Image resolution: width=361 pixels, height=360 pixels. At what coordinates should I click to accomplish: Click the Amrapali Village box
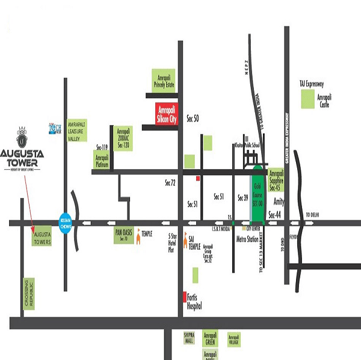pyautogui.click(x=234, y=340)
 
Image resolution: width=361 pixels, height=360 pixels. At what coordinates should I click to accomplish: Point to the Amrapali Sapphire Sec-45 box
pyautogui.click(x=277, y=179)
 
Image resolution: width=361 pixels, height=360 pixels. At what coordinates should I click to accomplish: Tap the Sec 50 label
pyautogui.click(x=193, y=117)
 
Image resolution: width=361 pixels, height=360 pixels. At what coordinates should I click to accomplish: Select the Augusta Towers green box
pyautogui.click(x=43, y=235)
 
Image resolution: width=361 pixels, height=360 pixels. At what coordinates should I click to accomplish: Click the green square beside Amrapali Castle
pyautogui.click(x=311, y=101)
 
